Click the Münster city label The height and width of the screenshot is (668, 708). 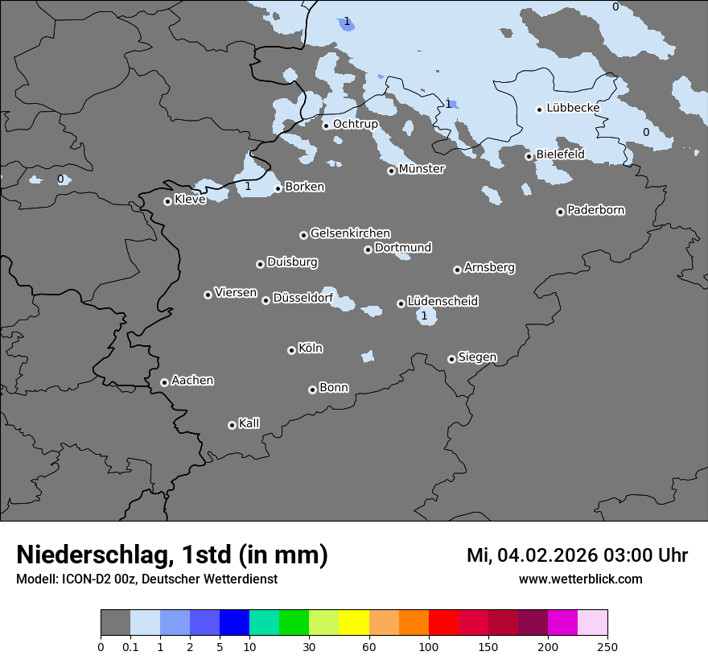coord(422,169)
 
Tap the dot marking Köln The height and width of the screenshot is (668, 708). coord(291,350)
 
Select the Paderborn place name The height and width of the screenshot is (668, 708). coord(595,210)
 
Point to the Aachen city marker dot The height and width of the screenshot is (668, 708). coord(164,382)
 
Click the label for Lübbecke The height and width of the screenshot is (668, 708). coord(573,108)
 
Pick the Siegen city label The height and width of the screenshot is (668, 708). coord(477,357)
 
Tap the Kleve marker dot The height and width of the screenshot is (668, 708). coord(167,201)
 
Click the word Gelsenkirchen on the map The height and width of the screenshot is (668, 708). coord(350,233)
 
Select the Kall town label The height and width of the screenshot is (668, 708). coord(249,423)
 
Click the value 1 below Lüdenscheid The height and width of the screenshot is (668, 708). coord(424,315)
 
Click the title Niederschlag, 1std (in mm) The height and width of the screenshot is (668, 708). coord(172,555)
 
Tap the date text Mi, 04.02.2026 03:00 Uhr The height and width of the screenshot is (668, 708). coord(577,555)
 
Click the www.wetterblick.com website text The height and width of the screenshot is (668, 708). coord(580,579)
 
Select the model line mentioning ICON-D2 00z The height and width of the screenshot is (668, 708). coord(146,579)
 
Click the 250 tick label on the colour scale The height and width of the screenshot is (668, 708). coord(607,646)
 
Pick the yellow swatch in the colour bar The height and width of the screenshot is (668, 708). coord(354,623)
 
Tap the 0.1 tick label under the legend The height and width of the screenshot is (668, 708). coord(130,646)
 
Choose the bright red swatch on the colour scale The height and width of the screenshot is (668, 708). coord(443,623)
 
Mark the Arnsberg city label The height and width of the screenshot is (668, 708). coord(489,267)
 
